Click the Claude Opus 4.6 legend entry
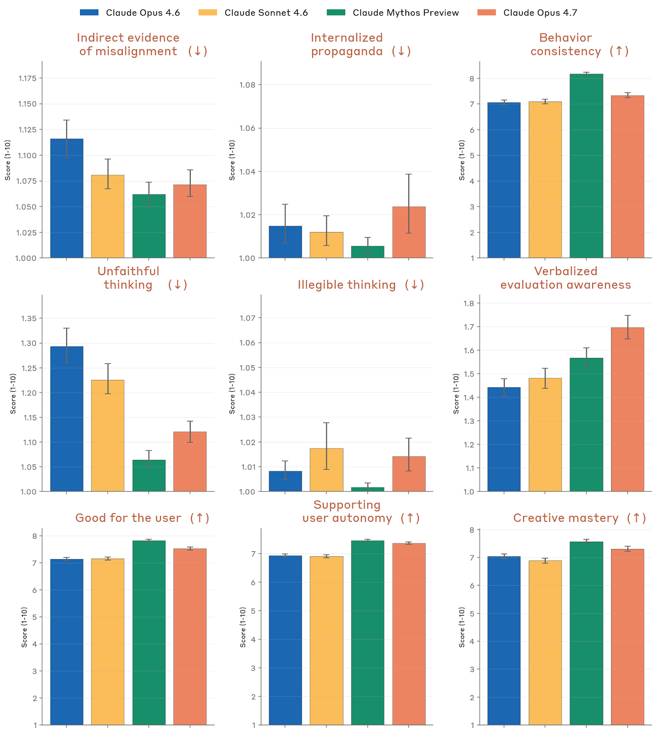click(x=130, y=13)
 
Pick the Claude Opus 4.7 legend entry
click(x=527, y=13)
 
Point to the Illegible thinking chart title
click(x=360, y=285)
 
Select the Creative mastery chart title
click(x=579, y=518)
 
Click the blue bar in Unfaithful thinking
click(x=67, y=419)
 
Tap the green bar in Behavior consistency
click(x=586, y=166)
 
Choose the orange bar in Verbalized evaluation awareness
click(x=627, y=409)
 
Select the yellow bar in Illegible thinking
click(x=326, y=470)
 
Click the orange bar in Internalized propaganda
click(x=409, y=232)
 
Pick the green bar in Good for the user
click(x=149, y=633)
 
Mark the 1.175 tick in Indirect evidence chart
click(x=27, y=79)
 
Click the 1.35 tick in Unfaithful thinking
click(x=29, y=318)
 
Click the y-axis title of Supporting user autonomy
click(x=243, y=627)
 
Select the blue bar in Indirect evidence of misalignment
click(x=67, y=198)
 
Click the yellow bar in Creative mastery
click(x=545, y=643)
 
